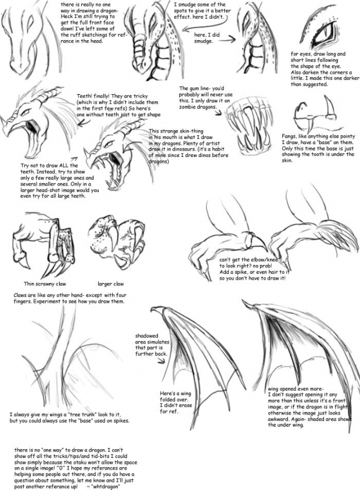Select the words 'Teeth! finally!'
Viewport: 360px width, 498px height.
[93, 96]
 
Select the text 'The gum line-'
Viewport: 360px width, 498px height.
[195, 89]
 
